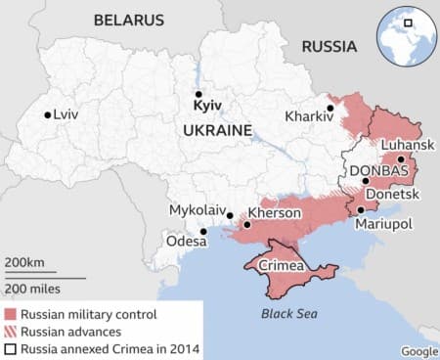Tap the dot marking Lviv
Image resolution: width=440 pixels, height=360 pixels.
(x=47, y=115)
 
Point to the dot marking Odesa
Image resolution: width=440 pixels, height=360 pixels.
(x=203, y=232)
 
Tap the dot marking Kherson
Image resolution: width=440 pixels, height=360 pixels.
(x=246, y=225)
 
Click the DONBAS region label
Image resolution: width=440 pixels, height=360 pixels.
(x=376, y=169)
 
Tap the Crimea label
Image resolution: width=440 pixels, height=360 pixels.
(x=279, y=265)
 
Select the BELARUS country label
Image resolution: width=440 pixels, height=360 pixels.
(x=128, y=20)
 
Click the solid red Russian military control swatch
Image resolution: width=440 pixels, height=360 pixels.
(x=11, y=313)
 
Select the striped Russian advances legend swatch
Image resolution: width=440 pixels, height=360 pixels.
(x=11, y=331)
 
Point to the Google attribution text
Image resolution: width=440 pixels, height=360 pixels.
(x=418, y=351)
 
